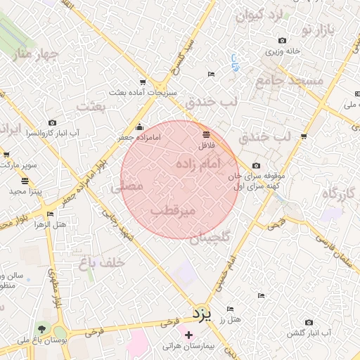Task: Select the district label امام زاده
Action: coord(196,163)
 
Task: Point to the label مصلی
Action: coord(127,186)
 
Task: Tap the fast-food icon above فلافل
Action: coord(206,134)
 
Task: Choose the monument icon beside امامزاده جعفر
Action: coord(139,127)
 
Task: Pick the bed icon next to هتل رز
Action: coord(231,309)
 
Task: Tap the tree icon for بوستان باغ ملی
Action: coord(43,328)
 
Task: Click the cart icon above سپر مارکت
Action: coord(6,155)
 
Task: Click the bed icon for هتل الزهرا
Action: coord(49,214)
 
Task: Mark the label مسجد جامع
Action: coord(289,80)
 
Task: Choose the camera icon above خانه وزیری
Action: coord(282,41)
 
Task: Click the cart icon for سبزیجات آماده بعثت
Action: coord(143,82)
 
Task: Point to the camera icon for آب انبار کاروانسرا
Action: coord(52,123)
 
